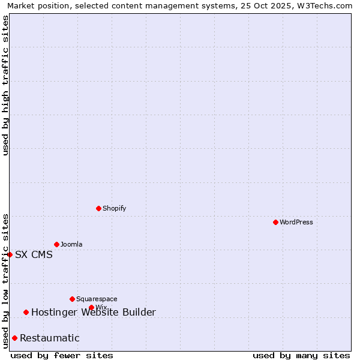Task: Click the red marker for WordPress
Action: pyautogui.click(x=275, y=222)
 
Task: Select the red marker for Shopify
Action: pyautogui.click(x=98, y=208)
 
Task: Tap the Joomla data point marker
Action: pyautogui.click(x=56, y=244)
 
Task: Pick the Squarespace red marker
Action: pyautogui.click(x=72, y=299)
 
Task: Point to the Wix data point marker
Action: pyautogui.click(x=91, y=307)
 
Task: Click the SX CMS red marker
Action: pyautogui.click(x=10, y=254)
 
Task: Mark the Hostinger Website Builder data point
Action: pyautogui.click(x=26, y=312)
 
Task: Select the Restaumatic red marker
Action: pyautogui.click(x=14, y=338)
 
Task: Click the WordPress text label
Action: pyautogui.click(x=296, y=222)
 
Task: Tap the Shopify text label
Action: pyautogui.click(x=114, y=208)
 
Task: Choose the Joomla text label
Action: pyautogui.click(x=71, y=244)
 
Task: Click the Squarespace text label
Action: pyautogui.click(x=97, y=299)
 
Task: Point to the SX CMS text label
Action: pyautogui.click(x=34, y=254)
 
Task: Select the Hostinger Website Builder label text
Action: pyautogui.click(x=93, y=312)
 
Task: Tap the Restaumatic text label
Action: pyautogui.click(x=49, y=338)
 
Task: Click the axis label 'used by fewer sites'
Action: pyautogui.click(x=62, y=355)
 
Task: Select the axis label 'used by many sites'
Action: pyautogui.click(x=301, y=355)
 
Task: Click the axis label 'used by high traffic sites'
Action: pyautogui.click(x=5, y=85)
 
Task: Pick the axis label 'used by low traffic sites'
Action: pyautogui.click(x=5, y=281)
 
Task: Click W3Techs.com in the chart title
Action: pyautogui.click(x=328, y=5)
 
